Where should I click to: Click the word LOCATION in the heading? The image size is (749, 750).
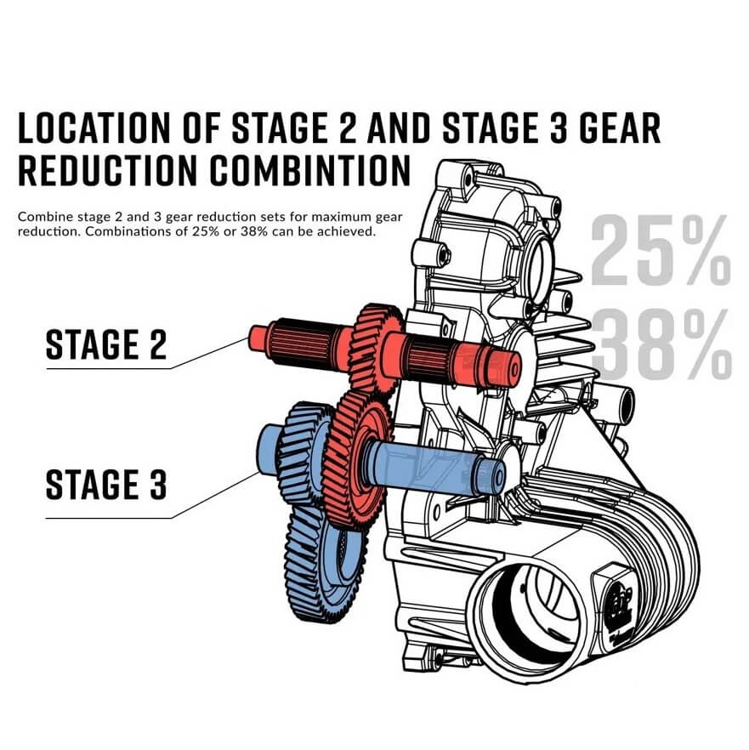click(94, 128)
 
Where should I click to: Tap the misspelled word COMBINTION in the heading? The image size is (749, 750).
click(310, 170)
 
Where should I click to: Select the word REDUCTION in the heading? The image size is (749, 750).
click(107, 170)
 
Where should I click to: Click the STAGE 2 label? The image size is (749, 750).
click(106, 344)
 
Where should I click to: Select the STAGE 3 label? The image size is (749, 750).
click(106, 485)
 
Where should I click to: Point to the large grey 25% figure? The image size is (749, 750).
click(661, 250)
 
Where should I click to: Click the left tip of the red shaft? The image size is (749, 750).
click(250, 338)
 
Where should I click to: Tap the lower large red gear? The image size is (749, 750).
click(357, 460)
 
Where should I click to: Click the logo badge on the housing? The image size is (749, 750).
click(621, 603)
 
